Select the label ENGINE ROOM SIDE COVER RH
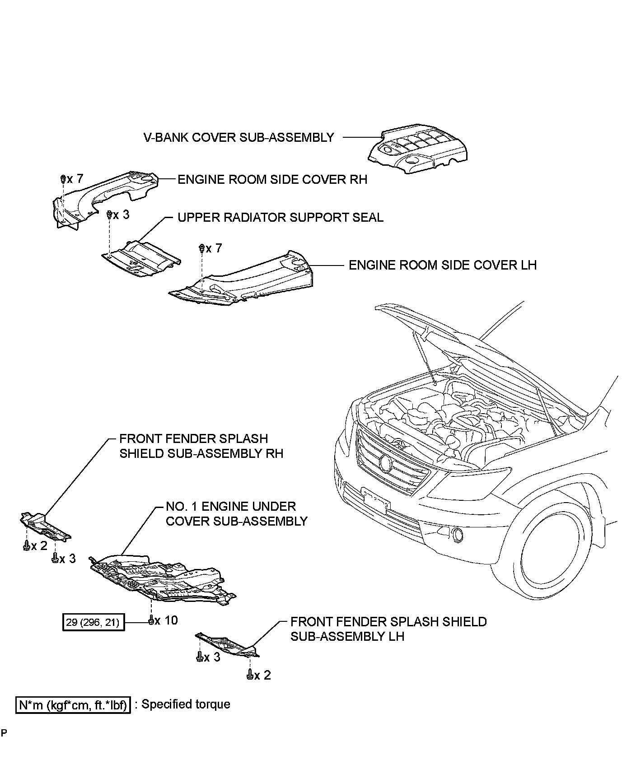(x=272, y=179)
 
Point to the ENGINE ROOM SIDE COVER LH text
(x=443, y=265)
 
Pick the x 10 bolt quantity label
(x=166, y=620)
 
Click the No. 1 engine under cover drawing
(x=163, y=580)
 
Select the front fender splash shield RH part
(x=45, y=527)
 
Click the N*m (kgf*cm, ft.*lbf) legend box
(x=73, y=704)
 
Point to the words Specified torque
(x=186, y=704)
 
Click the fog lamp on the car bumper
(x=457, y=536)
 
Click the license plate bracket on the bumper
(x=374, y=499)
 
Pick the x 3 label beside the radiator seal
(x=121, y=214)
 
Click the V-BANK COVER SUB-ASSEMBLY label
(x=238, y=137)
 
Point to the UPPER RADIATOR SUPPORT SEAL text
(x=280, y=217)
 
